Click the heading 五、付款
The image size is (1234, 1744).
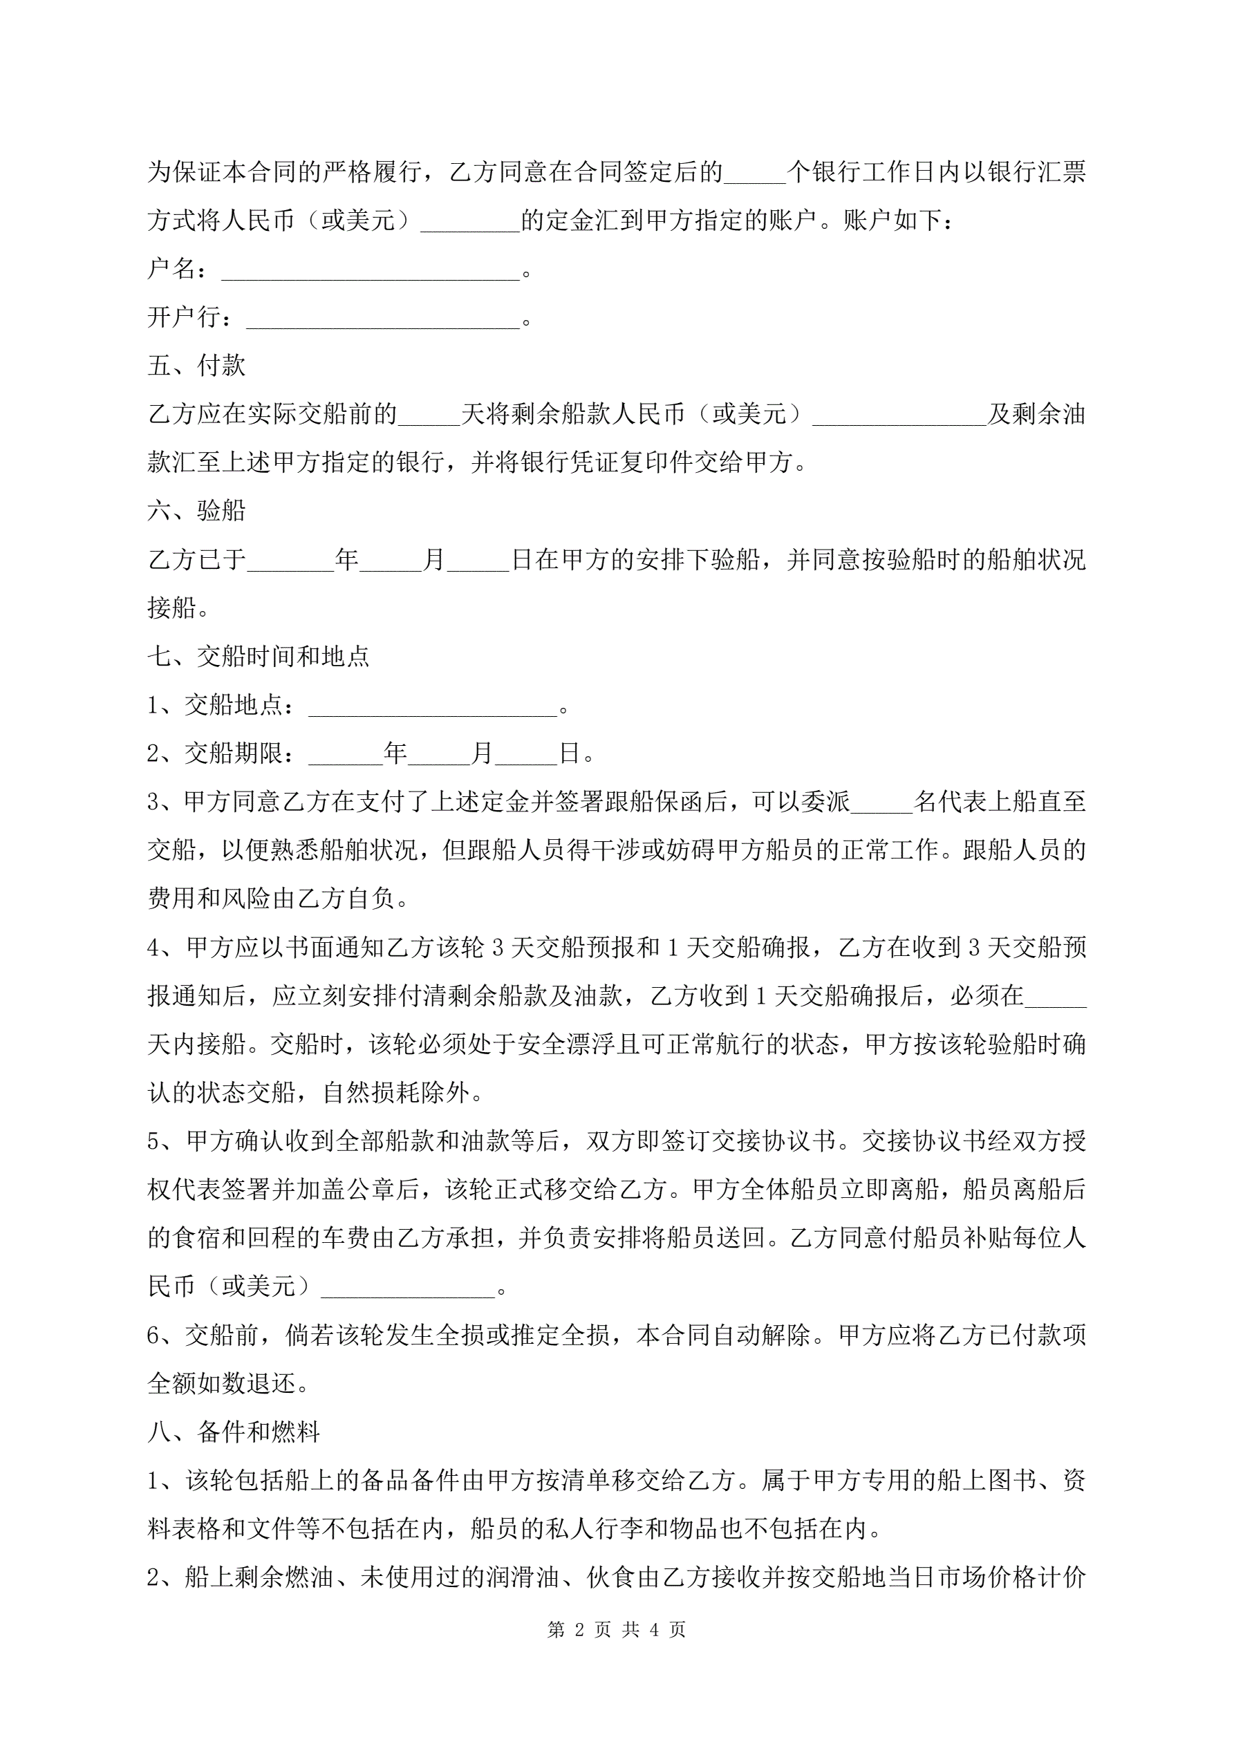pos(196,366)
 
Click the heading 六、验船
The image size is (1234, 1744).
pos(196,510)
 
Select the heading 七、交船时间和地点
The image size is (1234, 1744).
pos(259,656)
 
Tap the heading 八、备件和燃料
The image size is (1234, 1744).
pos(233,1432)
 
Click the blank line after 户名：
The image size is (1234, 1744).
pos(370,274)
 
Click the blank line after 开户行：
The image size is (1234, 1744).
pos(383,322)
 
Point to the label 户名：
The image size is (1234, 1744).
pos(177,269)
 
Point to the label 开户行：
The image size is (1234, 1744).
pos(190,317)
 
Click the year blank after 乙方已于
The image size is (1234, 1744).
pos(291,563)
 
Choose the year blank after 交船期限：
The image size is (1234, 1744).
pos(346,758)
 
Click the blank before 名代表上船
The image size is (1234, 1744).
pos(881,807)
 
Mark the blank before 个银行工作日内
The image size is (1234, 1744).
pos(754,176)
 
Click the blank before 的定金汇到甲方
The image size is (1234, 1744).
pos(469,225)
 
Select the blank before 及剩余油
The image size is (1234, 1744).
pos(899,418)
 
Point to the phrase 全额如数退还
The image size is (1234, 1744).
pos(221,1383)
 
